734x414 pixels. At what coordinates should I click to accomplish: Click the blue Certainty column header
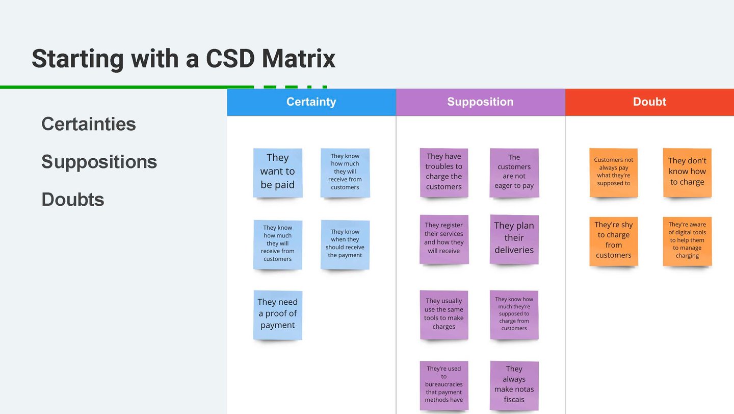(x=311, y=102)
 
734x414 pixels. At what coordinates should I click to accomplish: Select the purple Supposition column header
(x=480, y=102)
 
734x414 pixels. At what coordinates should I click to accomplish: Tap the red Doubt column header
(x=649, y=102)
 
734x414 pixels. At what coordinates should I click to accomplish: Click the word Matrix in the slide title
(x=299, y=59)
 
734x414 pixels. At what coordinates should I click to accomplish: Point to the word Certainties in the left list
(x=89, y=124)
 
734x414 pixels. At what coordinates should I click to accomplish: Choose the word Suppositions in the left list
(x=99, y=162)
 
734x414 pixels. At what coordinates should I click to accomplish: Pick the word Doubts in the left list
(x=73, y=200)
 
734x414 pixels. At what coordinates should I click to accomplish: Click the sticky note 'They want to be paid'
(x=277, y=173)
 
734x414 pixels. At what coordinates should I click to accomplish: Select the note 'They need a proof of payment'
(x=277, y=315)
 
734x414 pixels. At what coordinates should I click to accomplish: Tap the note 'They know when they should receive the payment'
(x=345, y=245)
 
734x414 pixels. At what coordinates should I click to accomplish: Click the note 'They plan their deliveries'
(x=514, y=239)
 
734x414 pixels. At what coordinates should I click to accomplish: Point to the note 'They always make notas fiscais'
(x=514, y=385)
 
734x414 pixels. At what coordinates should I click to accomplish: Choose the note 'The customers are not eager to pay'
(x=514, y=173)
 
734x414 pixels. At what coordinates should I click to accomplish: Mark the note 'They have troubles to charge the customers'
(x=444, y=173)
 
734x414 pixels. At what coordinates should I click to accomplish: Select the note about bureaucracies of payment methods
(x=444, y=385)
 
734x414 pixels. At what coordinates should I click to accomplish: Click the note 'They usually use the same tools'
(x=444, y=315)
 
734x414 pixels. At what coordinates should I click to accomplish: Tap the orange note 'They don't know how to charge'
(x=687, y=173)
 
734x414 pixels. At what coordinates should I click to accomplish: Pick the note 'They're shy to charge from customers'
(x=613, y=241)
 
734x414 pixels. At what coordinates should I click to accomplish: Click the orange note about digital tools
(x=687, y=241)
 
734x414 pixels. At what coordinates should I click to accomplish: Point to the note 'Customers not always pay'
(x=613, y=173)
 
